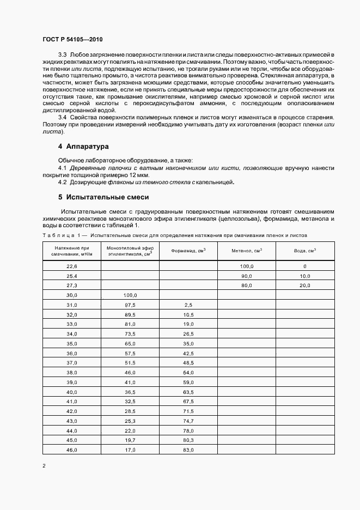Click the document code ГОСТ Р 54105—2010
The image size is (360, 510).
[x=72, y=40]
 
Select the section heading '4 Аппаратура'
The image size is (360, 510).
[x=84, y=147]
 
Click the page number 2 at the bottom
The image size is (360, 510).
[x=44, y=466]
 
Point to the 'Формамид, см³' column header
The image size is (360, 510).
[x=188, y=251]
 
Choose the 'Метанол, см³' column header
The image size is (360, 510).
[x=246, y=251]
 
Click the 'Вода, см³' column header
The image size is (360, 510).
[x=305, y=251]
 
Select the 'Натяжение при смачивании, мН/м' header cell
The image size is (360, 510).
[x=72, y=251]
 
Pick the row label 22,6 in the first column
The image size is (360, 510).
[x=72, y=266]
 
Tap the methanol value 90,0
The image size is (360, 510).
[x=246, y=276]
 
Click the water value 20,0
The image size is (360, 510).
[x=305, y=286]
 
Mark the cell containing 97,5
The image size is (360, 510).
[x=130, y=305]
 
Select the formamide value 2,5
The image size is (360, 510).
[x=188, y=305]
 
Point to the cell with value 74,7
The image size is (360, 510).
[x=188, y=421]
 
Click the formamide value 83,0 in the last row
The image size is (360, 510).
[x=188, y=450]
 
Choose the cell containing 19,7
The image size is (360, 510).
[x=130, y=440]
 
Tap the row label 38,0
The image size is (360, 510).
[x=72, y=373]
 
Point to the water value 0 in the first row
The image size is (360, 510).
[x=305, y=266]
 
